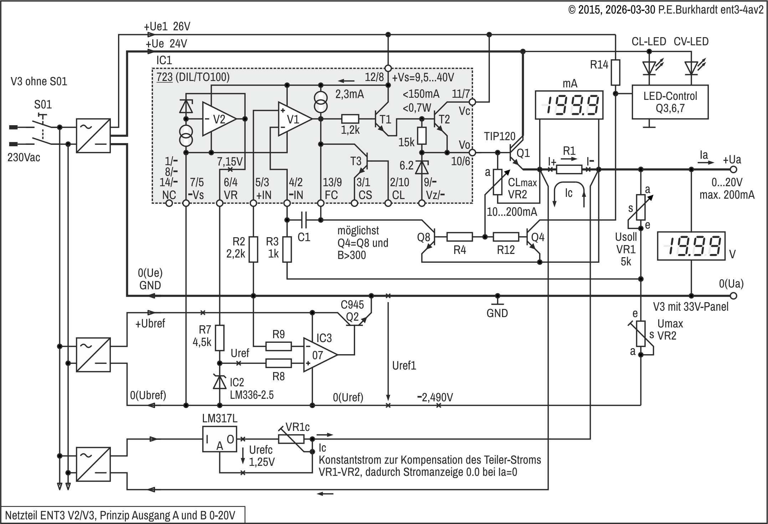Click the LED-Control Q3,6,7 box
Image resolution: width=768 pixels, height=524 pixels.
tap(670, 102)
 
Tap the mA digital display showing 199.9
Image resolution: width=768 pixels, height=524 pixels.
tap(569, 105)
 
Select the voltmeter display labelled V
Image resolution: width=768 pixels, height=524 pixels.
tap(691, 246)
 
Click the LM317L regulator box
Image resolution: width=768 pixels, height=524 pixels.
tap(220, 439)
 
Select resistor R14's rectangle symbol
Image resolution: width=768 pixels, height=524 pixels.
tap(615, 72)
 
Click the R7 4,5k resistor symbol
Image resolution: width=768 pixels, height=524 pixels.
tap(220, 337)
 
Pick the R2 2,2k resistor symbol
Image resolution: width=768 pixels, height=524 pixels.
tap(253, 249)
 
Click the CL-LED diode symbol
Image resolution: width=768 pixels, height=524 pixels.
tap(649, 68)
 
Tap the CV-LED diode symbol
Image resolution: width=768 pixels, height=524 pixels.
tap(691, 68)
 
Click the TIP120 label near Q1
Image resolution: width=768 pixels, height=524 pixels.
tap(500, 136)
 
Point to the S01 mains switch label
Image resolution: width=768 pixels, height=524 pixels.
tap(43, 105)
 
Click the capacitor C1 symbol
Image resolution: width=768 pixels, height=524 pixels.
tap(304, 220)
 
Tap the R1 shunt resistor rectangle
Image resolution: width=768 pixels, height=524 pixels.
tap(569, 169)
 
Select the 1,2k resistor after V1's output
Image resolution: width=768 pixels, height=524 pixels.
tap(350, 119)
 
